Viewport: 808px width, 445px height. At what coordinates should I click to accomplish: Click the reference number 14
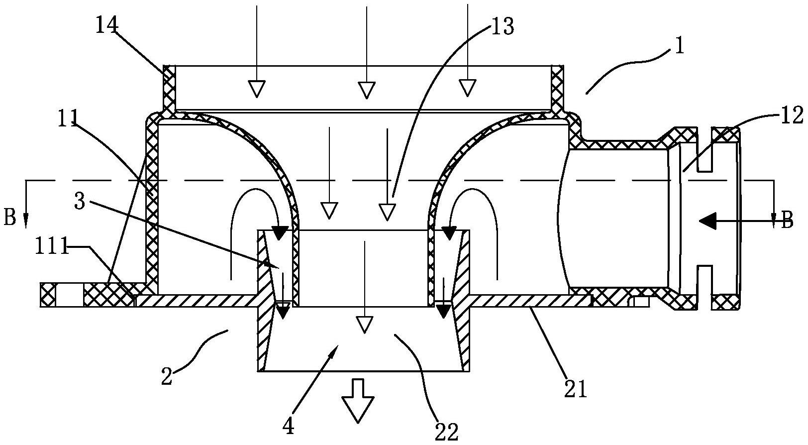106,25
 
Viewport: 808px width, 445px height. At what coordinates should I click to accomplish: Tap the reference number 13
502,26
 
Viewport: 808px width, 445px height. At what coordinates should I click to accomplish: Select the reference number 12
792,116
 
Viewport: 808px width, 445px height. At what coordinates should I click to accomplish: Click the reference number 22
446,432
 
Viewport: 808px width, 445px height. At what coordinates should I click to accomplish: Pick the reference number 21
576,389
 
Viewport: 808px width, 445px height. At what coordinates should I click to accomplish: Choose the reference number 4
288,427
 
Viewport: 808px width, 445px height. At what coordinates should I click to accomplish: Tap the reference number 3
80,202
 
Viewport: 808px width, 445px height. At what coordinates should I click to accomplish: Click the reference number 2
167,377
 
